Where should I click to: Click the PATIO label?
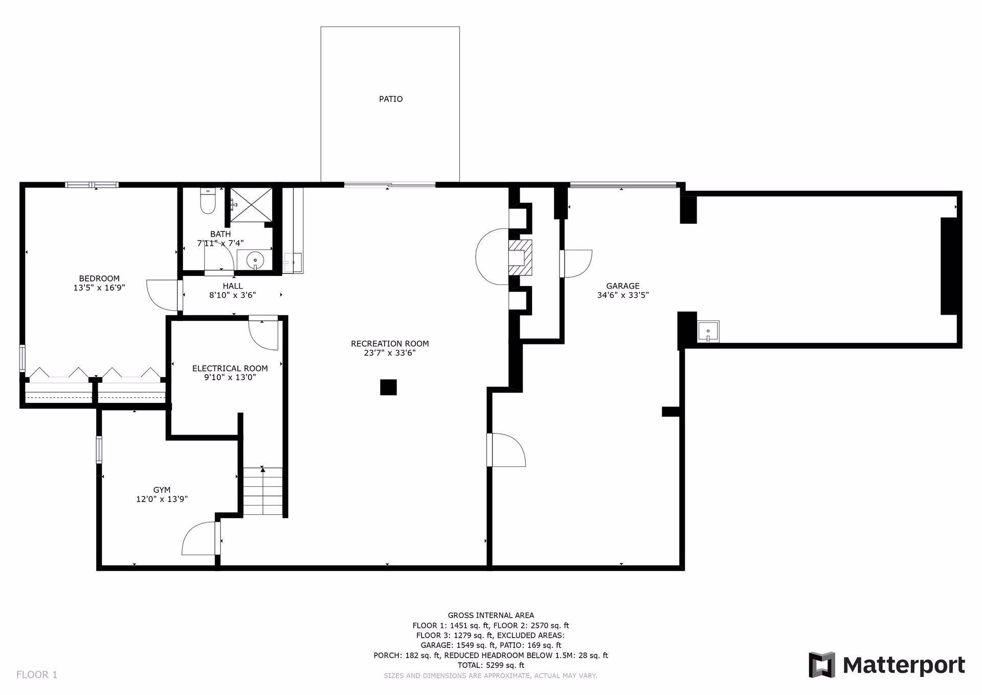[390, 99]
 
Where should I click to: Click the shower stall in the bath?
[251, 205]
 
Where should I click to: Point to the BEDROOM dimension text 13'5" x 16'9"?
[99, 288]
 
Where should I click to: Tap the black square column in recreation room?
[388, 387]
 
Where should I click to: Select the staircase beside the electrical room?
[262, 491]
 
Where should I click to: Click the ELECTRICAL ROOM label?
[230, 368]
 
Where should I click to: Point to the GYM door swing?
[199, 538]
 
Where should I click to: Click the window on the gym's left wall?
[99, 450]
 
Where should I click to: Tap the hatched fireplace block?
[520, 258]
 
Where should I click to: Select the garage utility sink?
[708, 331]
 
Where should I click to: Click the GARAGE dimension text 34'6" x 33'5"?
[622, 295]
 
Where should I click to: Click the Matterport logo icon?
[821, 665]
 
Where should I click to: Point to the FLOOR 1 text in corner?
[37, 675]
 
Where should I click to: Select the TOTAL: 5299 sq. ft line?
[490, 665]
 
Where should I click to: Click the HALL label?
[232, 286]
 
